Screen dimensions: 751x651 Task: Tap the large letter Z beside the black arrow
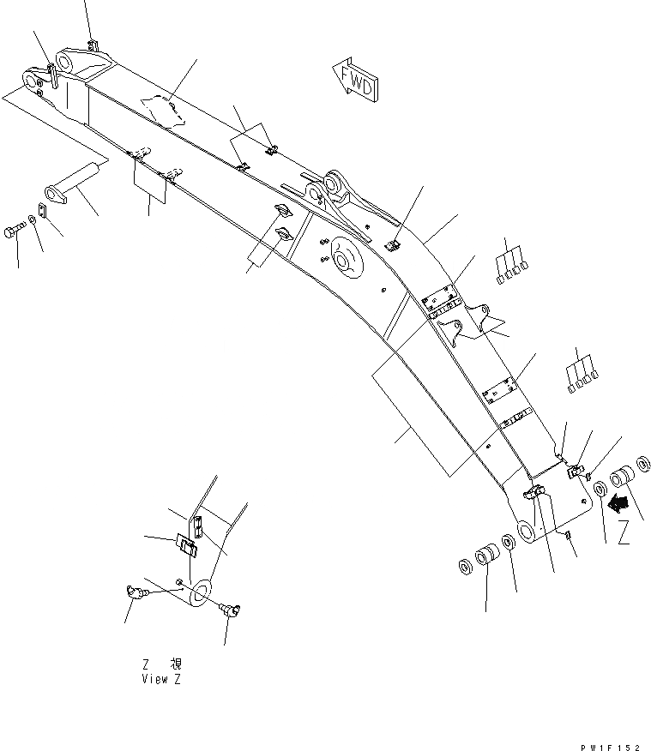(x=624, y=532)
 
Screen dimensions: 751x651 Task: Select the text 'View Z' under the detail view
(x=161, y=679)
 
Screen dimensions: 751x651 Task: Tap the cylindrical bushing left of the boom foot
(x=488, y=555)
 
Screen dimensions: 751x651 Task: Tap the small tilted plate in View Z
(x=187, y=544)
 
